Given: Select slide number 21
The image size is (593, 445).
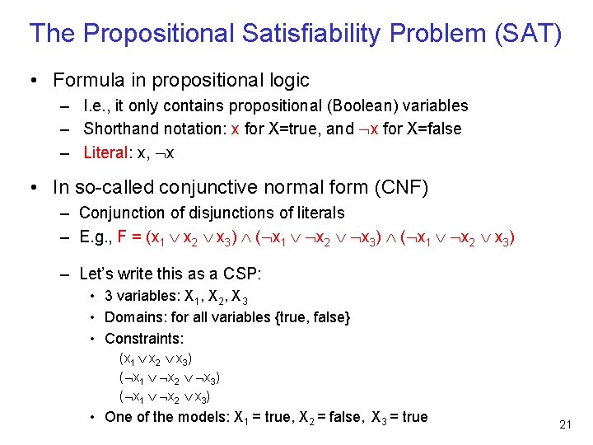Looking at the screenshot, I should click(x=565, y=425).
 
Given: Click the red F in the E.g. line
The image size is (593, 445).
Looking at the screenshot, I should click(x=123, y=239).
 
